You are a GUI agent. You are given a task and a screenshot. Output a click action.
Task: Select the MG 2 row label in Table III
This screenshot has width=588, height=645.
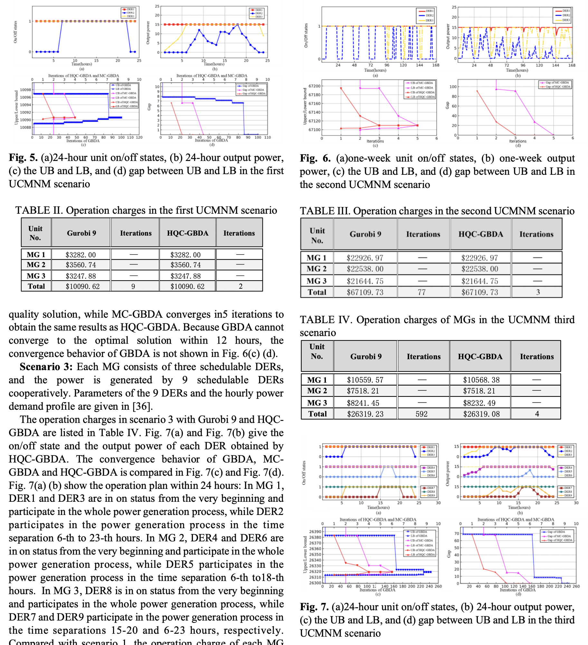[x=317, y=269]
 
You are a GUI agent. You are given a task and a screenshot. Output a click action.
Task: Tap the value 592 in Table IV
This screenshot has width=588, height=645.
[x=422, y=414]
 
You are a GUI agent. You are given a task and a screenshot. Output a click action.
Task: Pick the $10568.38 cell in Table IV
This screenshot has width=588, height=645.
[x=481, y=380]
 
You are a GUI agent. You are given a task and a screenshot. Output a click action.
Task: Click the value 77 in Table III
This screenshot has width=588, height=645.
[x=422, y=292]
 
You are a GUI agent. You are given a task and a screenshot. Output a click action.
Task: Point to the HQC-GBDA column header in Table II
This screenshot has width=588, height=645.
[x=187, y=233]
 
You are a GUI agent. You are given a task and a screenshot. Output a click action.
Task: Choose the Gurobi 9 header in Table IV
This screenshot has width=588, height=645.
[x=366, y=356]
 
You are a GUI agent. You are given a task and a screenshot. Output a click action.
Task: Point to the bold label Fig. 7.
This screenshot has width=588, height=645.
[x=314, y=607]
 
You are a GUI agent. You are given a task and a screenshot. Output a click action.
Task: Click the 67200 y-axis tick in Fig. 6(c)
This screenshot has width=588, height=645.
[x=314, y=86]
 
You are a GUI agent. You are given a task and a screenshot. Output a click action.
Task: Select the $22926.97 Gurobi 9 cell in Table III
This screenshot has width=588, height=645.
[x=365, y=258]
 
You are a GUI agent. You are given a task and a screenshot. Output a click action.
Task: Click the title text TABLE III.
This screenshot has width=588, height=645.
[x=325, y=211]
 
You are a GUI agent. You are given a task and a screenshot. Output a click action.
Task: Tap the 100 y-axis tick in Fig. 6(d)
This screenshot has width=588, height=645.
[x=453, y=87]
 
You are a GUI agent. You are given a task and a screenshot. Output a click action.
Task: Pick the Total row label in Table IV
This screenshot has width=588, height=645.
[x=318, y=414]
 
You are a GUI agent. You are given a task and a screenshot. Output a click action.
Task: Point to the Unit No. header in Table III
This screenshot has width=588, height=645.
[x=317, y=235]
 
